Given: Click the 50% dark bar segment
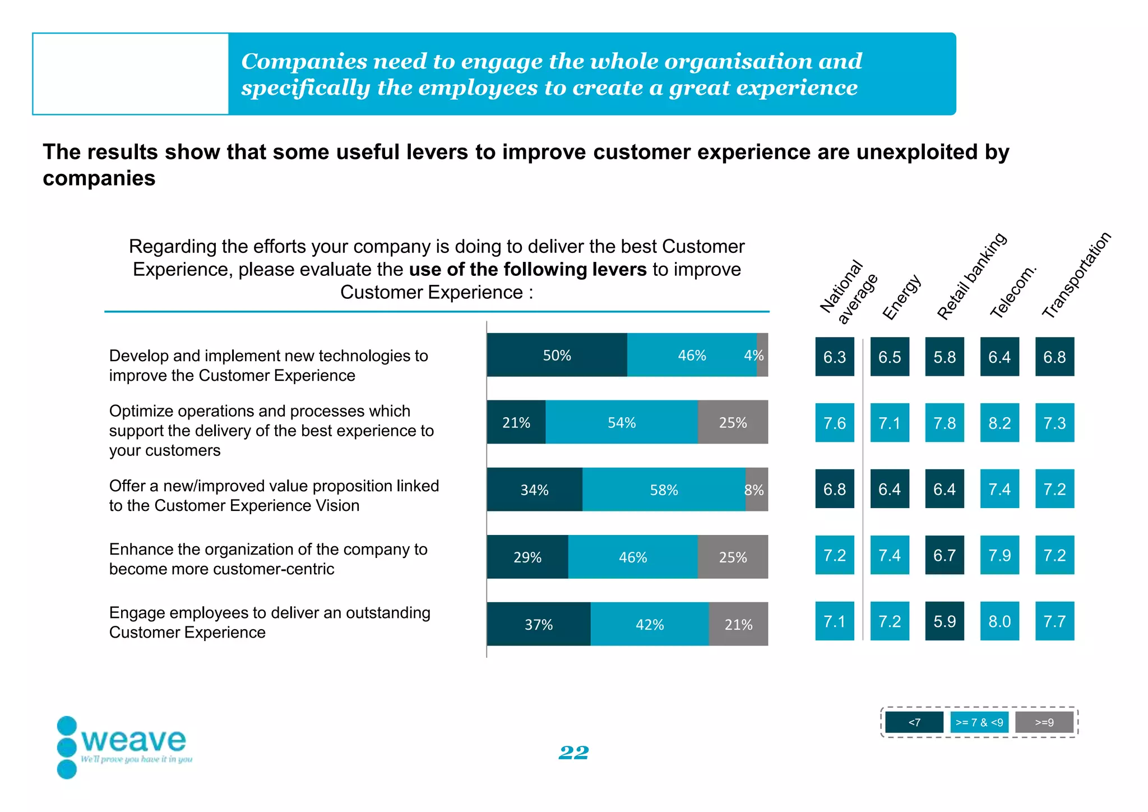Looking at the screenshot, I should tap(557, 355).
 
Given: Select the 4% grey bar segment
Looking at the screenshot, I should tap(762, 355).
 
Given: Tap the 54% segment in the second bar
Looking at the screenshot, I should tap(621, 422).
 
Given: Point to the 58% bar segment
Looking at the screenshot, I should tap(664, 490).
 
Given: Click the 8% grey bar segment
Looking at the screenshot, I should tap(757, 490).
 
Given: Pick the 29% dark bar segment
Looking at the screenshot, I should tap(527, 557).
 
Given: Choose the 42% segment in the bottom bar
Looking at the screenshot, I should tap(649, 624).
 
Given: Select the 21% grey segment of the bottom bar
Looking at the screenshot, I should tap(738, 624).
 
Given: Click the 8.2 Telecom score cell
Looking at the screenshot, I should tap(999, 423).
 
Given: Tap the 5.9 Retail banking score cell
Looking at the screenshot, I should tap(945, 621).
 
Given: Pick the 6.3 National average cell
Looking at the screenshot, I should tap(835, 357).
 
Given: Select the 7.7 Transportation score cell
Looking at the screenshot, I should tap(1054, 621).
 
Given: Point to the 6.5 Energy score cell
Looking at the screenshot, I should tap(890, 357).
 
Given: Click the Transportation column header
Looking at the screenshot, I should tap(1076, 275).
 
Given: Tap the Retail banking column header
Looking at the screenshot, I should tap(971, 276).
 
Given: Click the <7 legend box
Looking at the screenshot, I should tap(914, 722).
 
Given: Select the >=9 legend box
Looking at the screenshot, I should tap(1044, 722).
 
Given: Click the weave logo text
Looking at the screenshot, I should tap(133, 740).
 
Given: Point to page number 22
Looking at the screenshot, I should tap(573, 753).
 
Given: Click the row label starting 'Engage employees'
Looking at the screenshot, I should tap(270, 622).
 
